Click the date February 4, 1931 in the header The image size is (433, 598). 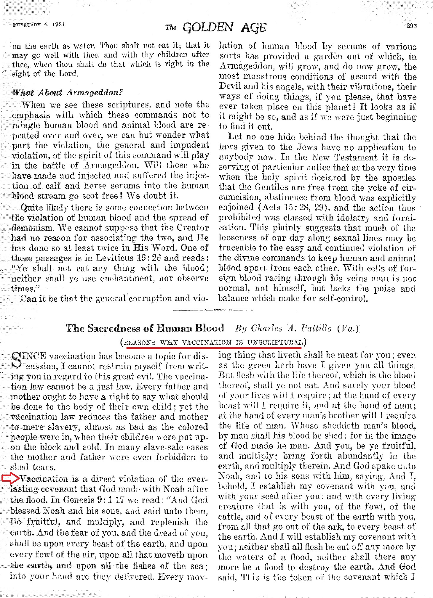click(x=39, y=25)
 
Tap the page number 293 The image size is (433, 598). click(x=411, y=26)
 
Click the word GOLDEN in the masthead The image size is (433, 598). click(x=208, y=28)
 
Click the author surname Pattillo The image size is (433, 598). click(x=316, y=328)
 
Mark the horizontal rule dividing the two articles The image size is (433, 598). click(x=213, y=310)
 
